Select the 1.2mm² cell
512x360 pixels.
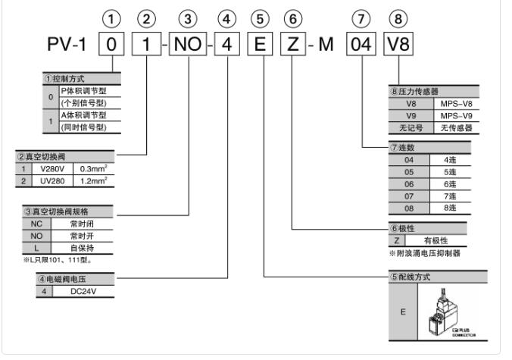point(91,182)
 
